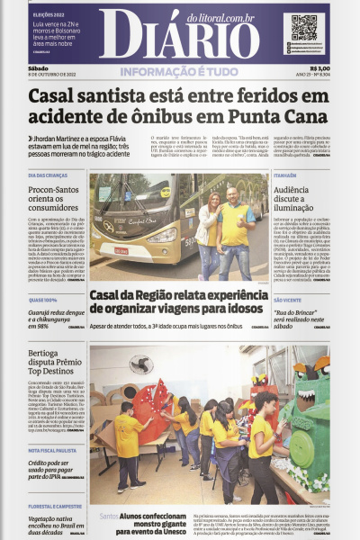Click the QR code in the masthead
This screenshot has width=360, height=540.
[304, 28]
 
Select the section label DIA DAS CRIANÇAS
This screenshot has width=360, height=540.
[50, 175]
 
